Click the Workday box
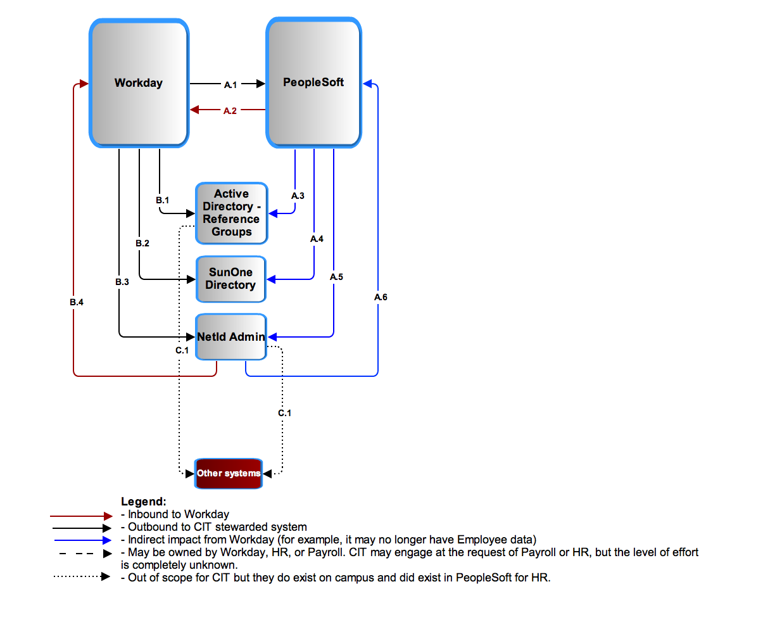click(139, 83)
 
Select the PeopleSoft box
click(313, 82)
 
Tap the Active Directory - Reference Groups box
click(232, 213)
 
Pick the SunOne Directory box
click(231, 279)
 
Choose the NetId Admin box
click(231, 337)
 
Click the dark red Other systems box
click(229, 473)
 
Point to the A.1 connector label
click(230, 85)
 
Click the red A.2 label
click(230, 110)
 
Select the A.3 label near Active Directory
click(298, 196)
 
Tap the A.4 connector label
click(317, 239)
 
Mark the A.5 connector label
click(336, 277)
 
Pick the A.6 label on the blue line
click(381, 297)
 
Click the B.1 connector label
click(162, 200)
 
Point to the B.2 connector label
click(142, 243)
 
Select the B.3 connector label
click(122, 282)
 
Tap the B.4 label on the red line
click(77, 302)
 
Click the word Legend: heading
click(144, 501)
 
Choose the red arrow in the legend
click(81, 516)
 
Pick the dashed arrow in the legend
click(85, 554)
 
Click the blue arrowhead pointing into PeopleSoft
click(367, 84)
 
